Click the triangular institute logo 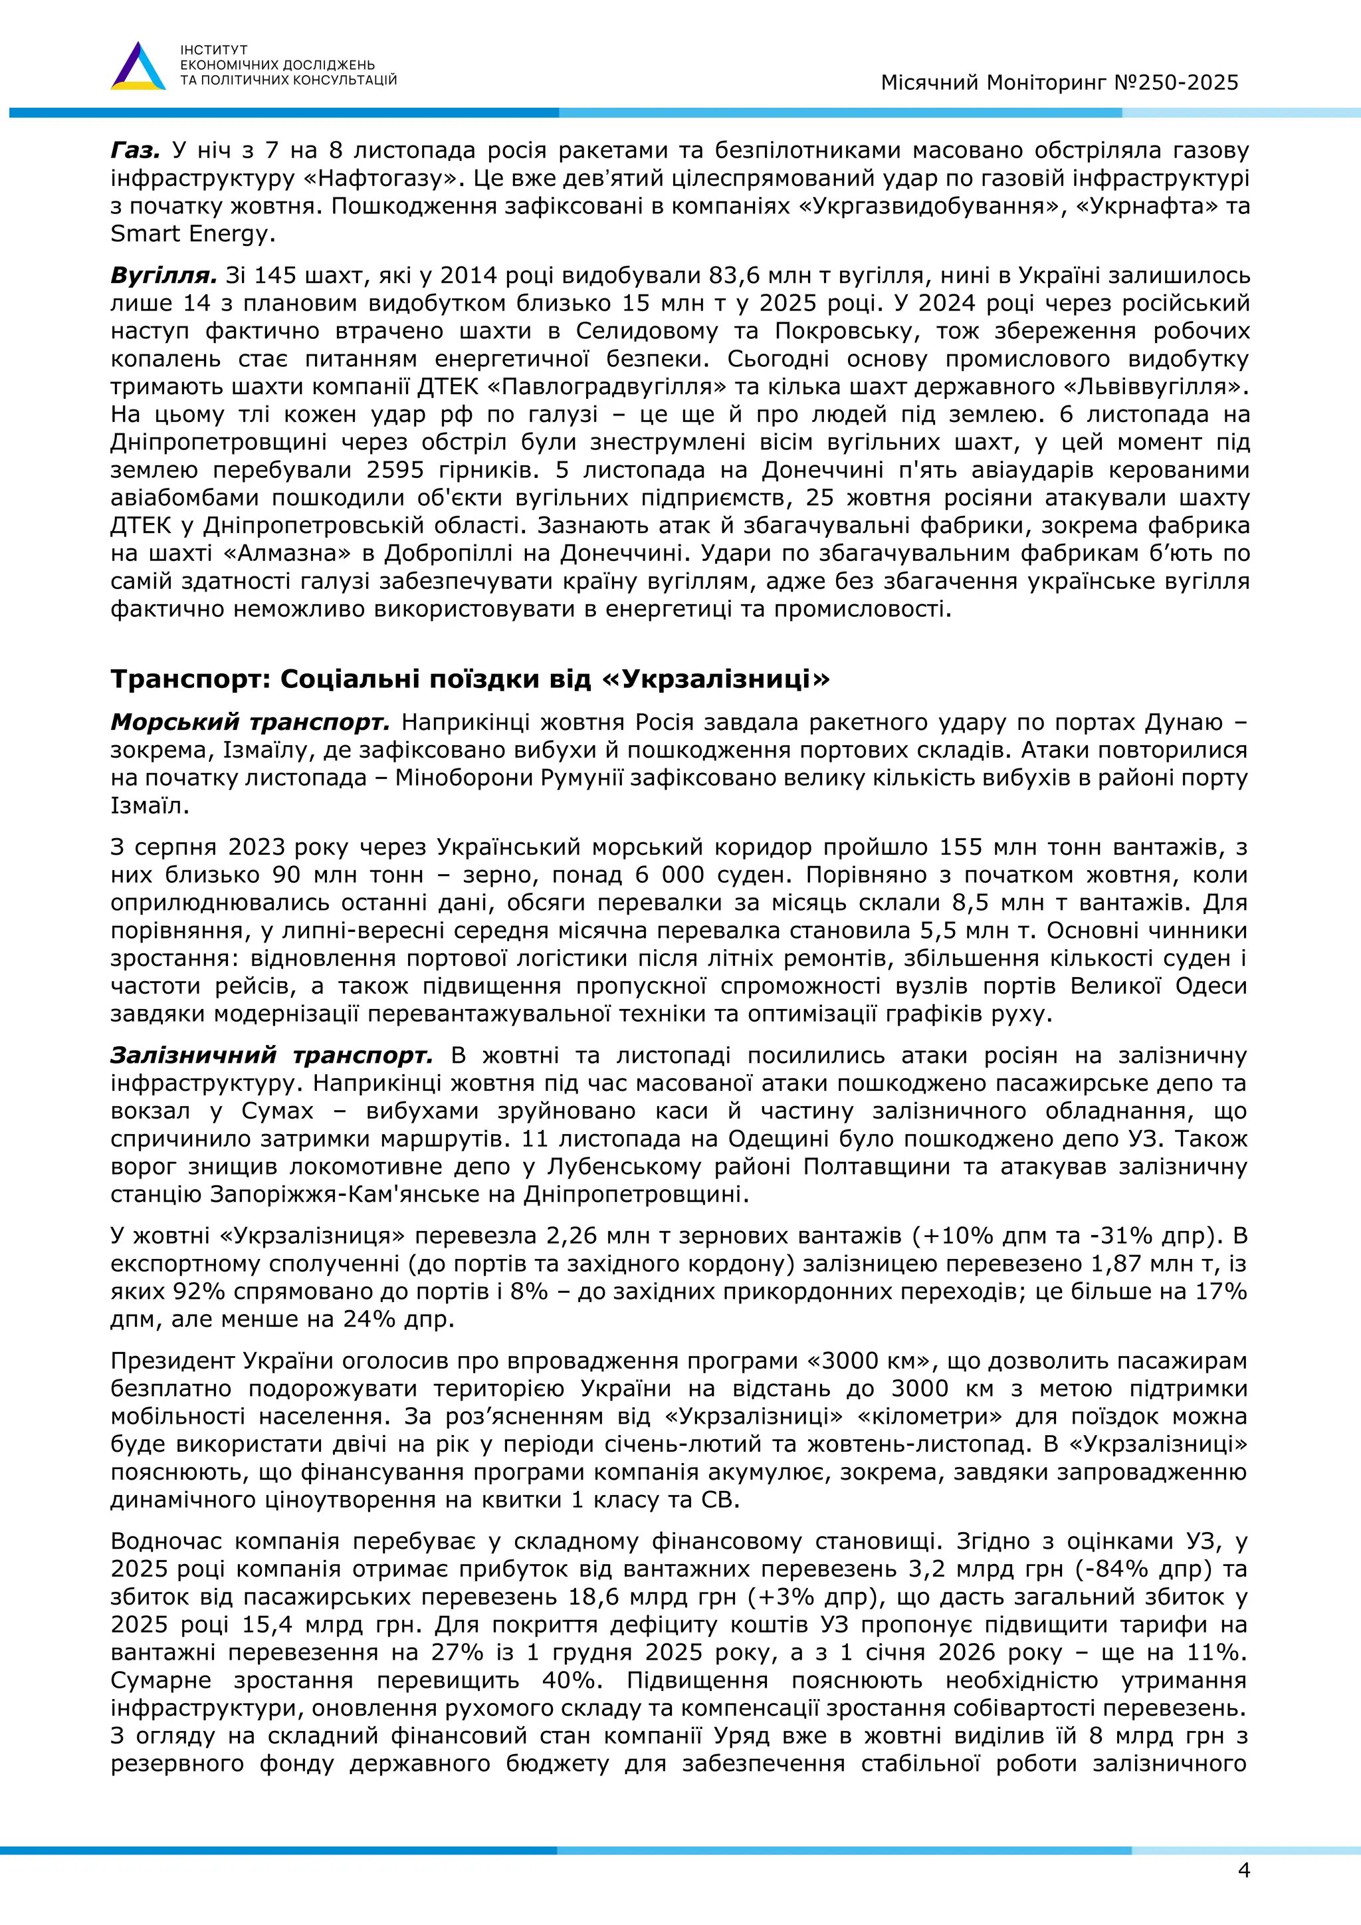click(x=138, y=67)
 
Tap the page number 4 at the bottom click(x=1243, y=1870)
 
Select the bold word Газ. click(x=135, y=151)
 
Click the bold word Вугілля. click(x=163, y=276)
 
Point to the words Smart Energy click(x=192, y=234)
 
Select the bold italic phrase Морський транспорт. click(x=250, y=722)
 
